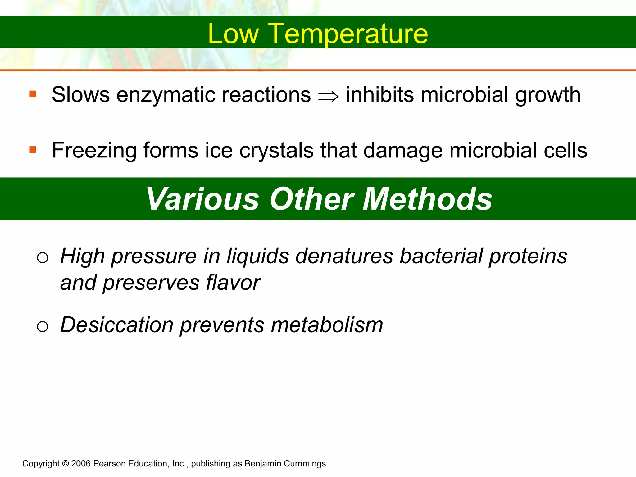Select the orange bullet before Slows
(x=33, y=94)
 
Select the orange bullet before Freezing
(x=33, y=150)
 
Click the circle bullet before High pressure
(x=43, y=257)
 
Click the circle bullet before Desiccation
(x=43, y=326)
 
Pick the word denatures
(x=344, y=256)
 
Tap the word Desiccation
(x=116, y=325)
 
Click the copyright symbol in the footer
(x=65, y=464)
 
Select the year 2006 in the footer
(x=81, y=464)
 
